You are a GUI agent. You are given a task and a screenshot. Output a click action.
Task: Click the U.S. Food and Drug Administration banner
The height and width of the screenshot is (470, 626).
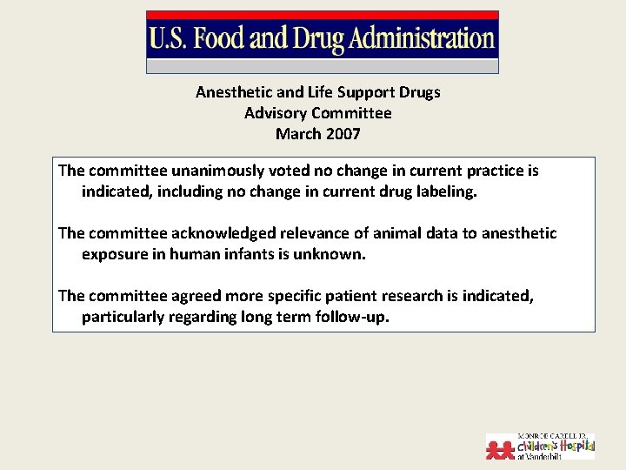322,40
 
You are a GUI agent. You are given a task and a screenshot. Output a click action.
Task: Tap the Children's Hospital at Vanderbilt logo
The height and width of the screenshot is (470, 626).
540,445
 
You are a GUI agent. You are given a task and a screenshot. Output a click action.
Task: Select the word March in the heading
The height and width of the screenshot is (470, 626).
297,134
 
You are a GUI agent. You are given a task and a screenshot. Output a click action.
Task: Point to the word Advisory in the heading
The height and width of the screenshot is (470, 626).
276,113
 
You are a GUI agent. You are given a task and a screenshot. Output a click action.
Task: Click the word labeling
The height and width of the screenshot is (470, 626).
443,191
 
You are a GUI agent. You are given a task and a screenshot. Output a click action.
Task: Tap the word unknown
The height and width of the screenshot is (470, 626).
332,254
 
